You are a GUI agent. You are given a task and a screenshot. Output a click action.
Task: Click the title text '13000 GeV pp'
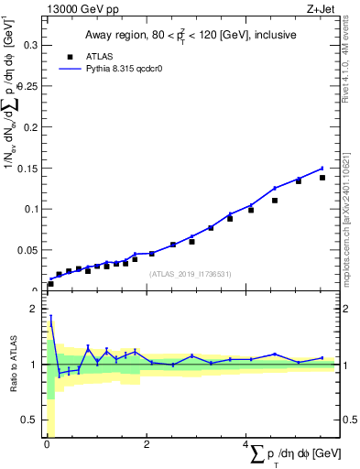pos(78,8)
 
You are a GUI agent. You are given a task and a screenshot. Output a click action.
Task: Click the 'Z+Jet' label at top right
pos(321,8)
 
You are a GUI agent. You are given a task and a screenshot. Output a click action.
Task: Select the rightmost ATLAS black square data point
pos(322,178)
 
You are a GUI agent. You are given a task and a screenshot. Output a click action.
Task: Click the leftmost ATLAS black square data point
pos(50,284)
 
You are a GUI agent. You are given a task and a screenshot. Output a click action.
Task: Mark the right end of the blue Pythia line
pos(322,168)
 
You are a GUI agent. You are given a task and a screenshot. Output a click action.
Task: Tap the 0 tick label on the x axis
pos(47,444)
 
